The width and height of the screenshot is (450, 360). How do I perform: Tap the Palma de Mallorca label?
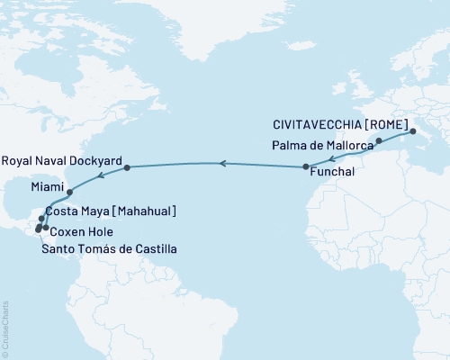321,144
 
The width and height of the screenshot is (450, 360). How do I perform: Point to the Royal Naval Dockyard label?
61,160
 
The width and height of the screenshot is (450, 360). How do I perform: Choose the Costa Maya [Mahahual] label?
110,211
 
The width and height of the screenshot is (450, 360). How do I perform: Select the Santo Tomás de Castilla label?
109,247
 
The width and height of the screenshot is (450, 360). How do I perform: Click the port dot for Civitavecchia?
413,132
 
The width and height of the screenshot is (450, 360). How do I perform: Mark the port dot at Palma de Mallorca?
379,141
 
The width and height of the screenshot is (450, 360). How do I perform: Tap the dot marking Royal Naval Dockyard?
128,167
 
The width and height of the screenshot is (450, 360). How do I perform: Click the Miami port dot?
70,192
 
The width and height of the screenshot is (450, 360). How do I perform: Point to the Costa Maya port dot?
41,219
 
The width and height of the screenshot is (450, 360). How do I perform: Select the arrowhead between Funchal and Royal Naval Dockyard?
221,163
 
